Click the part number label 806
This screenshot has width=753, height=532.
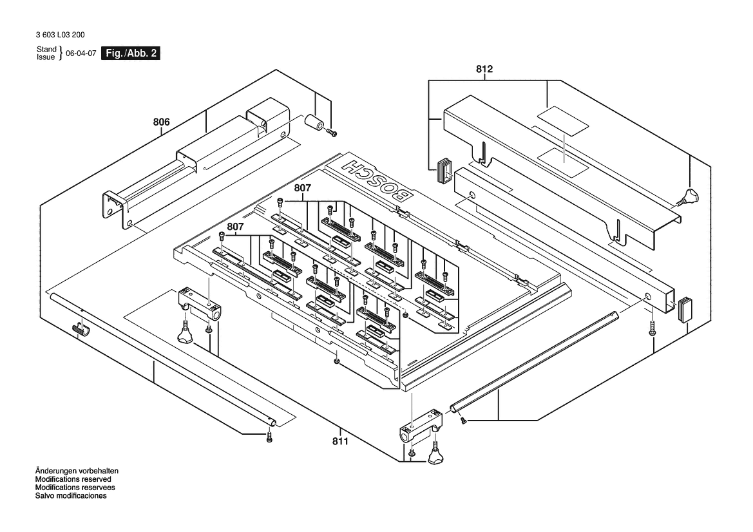pos(161,122)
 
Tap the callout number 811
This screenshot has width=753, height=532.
pos(340,441)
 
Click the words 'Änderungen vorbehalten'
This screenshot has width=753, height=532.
pos(76,471)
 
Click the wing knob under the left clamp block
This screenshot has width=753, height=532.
pos(184,335)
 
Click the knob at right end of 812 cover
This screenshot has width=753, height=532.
pos(690,195)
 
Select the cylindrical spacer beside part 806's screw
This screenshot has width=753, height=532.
pos(314,121)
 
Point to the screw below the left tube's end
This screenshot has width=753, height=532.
pos(270,438)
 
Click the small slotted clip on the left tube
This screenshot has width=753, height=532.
pos(80,330)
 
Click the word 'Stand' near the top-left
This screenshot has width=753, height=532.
pos(46,49)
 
